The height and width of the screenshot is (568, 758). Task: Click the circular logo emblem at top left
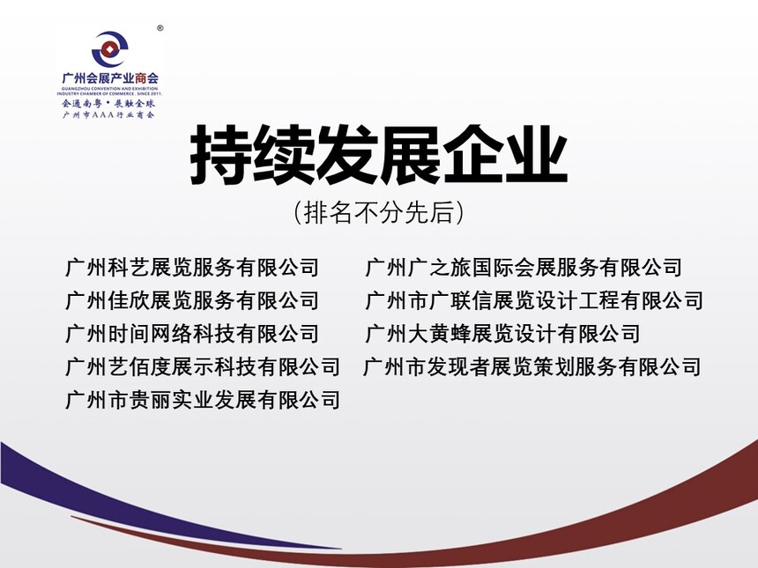tap(110, 49)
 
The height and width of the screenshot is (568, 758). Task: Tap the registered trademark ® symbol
tap(160, 28)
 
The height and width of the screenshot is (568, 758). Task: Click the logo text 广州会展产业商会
tap(110, 78)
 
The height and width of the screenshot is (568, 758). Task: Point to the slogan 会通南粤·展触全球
tap(108, 103)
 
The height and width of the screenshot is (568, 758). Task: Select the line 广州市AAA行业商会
tap(108, 115)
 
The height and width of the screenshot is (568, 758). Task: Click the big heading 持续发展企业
tap(379, 155)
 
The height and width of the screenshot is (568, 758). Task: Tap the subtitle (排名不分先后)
tap(378, 212)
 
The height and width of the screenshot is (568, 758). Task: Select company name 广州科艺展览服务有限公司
tap(192, 268)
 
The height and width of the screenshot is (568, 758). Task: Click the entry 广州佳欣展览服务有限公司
tap(192, 300)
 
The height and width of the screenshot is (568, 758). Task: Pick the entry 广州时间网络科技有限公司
tap(192, 334)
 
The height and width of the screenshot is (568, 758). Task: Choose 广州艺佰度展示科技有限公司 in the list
tap(203, 366)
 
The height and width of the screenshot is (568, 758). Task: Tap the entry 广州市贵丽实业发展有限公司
tap(203, 400)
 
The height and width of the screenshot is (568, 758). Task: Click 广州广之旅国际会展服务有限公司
tap(524, 268)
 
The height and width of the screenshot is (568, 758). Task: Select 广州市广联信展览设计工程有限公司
tap(534, 300)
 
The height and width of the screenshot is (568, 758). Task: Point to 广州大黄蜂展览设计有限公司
tap(502, 334)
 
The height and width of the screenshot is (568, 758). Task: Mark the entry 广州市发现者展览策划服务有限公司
tap(532, 366)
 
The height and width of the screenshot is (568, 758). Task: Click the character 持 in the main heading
tap(221, 155)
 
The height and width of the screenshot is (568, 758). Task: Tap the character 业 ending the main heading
tap(537, 155)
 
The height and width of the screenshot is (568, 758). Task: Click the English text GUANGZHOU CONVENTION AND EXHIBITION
tap(110, 89)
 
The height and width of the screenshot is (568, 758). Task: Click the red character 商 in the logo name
tap(141, 78)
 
